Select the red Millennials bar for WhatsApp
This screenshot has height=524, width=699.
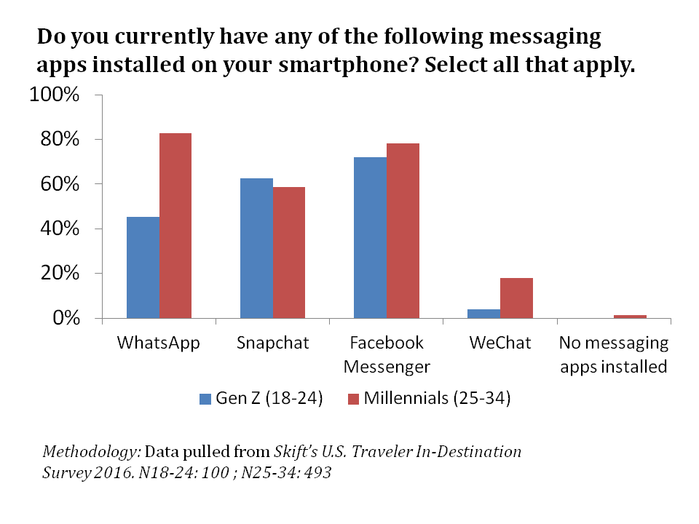[x=175, y=226]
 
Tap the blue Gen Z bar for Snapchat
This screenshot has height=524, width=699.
[x=256, y=248]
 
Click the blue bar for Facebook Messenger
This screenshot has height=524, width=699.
[x=370, y=237]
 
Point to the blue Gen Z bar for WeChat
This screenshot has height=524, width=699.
[x=483, y=314]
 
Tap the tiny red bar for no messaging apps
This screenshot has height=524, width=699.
[x=630, y=317]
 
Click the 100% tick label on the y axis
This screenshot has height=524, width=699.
[x=55, y=95]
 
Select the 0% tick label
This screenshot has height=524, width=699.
[x=66, y=318]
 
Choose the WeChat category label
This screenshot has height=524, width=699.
[x=500, y=342]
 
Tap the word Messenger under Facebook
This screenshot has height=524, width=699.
[x=386, y=365]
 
